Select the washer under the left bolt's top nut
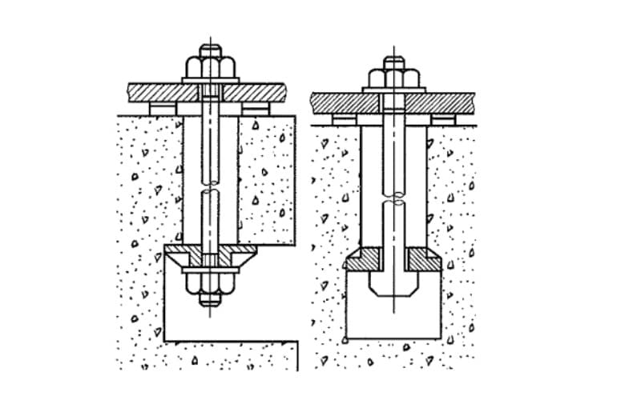click(211, 80)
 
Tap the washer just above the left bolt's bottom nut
click(211, 270)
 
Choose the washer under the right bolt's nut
click(393, 90)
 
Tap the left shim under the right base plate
click(345, 118)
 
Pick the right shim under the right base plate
click(442, 118)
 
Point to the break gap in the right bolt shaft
click(393, 198)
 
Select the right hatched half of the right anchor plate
click(422, 258)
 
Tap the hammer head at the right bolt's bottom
click(393, 284)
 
